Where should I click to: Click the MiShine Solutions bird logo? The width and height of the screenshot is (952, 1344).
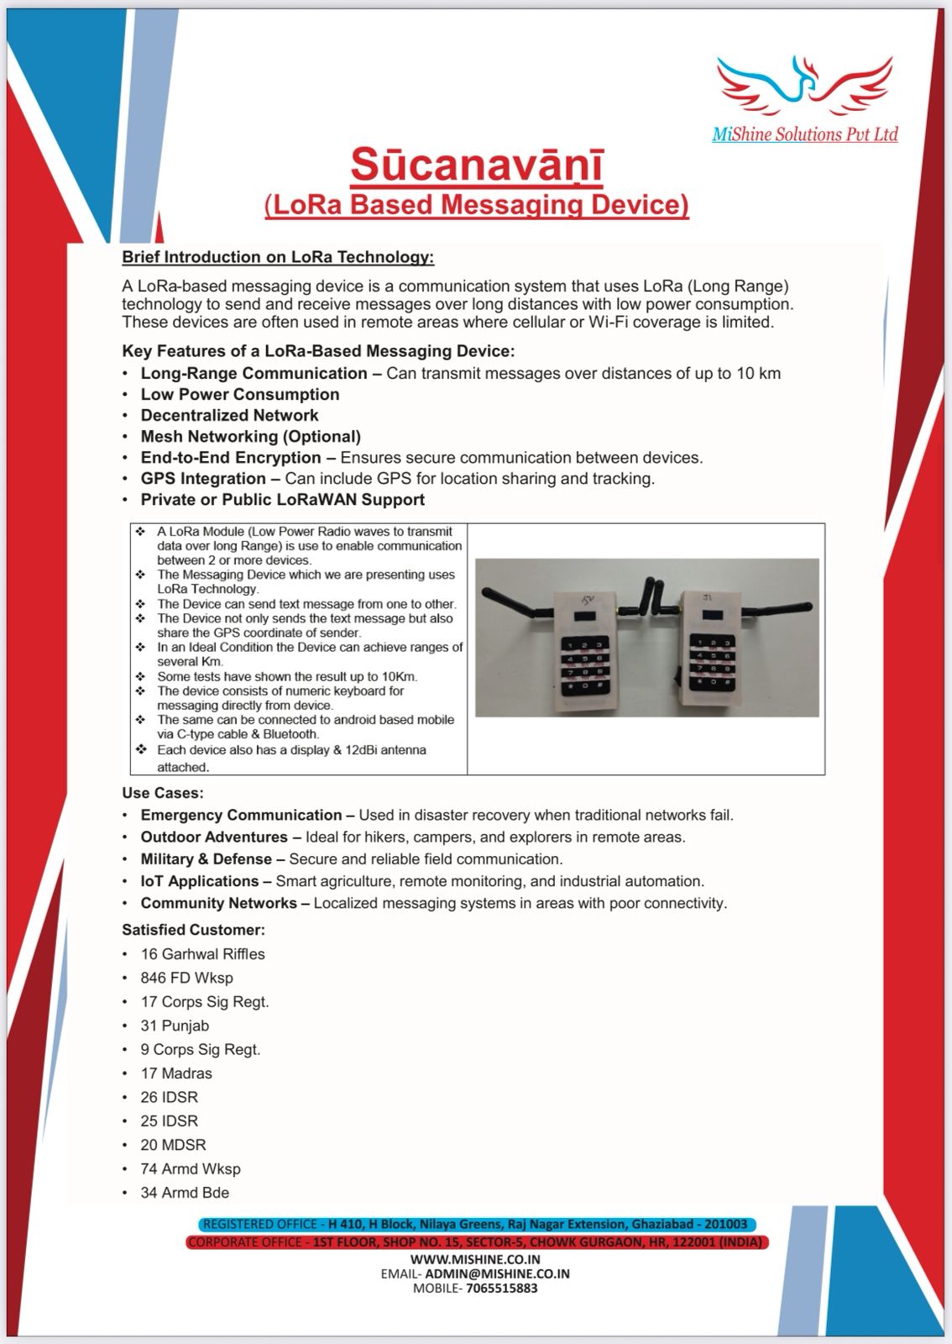803,87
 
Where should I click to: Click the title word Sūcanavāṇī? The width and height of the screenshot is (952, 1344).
476,165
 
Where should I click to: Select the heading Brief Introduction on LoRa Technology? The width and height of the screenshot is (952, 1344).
278,257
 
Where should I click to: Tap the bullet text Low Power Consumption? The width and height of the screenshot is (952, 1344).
240,395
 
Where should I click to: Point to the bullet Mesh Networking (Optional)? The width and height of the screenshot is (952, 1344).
250,437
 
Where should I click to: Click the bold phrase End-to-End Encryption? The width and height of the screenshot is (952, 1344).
231,458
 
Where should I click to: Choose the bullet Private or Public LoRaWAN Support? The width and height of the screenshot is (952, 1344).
282,500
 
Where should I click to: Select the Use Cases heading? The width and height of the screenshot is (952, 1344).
163,793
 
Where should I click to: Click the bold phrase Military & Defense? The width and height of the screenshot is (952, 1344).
206,859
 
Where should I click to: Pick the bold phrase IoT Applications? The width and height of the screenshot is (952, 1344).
199,881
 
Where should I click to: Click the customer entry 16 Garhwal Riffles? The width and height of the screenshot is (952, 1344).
202,954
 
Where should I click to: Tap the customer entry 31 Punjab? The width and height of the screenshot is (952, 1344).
175,1026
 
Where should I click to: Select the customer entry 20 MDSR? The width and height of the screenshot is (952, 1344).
173,1145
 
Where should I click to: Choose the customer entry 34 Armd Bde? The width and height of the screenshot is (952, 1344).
185,1193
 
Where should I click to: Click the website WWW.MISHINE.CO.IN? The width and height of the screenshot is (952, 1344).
475,1259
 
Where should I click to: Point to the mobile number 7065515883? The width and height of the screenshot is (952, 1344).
501,1288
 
